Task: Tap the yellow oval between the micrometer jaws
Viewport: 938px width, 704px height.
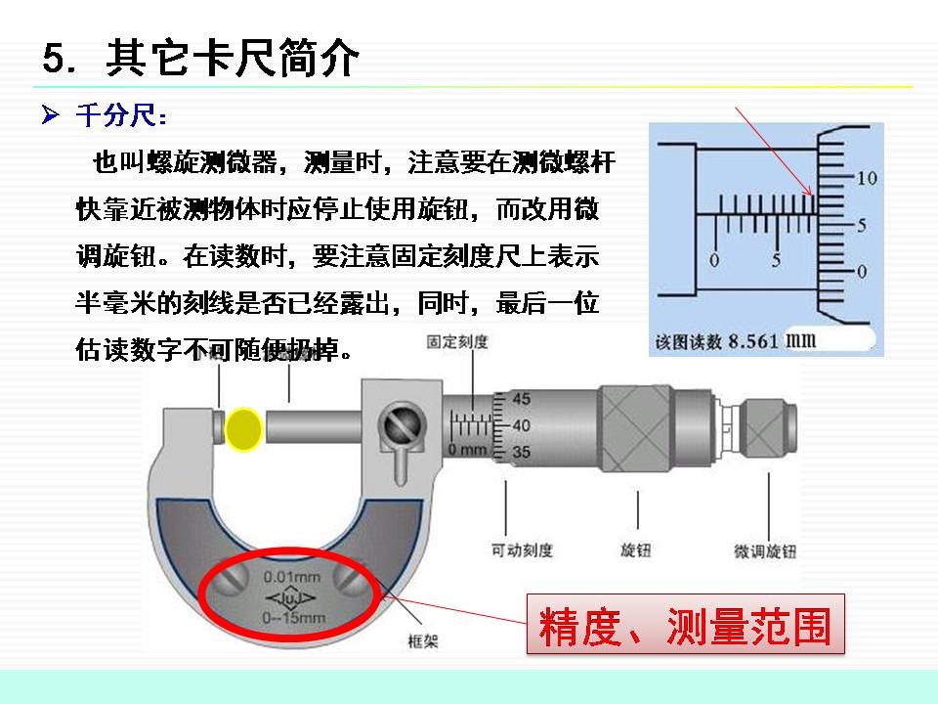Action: click(x=243, y=427)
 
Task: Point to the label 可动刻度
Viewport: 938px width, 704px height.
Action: click(x=522, y=550)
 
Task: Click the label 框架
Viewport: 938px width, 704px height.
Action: click(x=421, y=640)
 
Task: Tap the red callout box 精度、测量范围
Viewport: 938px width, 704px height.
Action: click(x=685, y=625)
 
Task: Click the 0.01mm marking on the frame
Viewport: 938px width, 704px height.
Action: click(x=291, y=577)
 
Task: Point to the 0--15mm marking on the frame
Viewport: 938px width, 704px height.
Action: click(x=293, y=617)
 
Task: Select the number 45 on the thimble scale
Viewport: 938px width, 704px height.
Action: click(x=522, y=399)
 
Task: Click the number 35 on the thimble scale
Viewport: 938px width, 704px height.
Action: click(x=522, y=452)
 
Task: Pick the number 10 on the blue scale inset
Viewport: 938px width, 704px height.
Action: click(x=868, y=179)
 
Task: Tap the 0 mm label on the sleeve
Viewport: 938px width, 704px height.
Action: click(x=467, y=449)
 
